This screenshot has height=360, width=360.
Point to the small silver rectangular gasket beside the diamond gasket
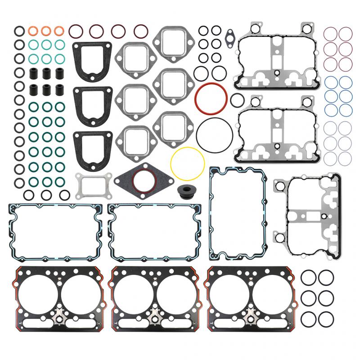click(90, 185)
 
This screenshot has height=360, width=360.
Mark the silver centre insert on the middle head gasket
click(155, 313)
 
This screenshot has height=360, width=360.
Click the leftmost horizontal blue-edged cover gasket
click(55, 232)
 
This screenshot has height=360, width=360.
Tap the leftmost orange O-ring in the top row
click(33, 31)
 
